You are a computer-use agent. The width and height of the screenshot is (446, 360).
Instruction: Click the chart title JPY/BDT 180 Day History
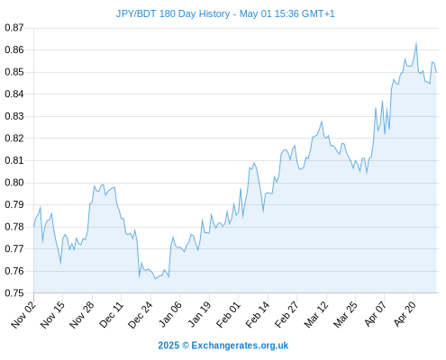click(173, 13)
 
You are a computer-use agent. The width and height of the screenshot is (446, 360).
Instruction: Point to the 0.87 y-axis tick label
click(14, 28)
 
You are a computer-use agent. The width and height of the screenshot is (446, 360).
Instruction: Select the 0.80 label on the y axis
click(14, 183)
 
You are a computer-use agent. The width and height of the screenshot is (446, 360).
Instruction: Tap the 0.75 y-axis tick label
click(14, 292)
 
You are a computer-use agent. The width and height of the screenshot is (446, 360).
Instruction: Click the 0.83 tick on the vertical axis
click(14, 116)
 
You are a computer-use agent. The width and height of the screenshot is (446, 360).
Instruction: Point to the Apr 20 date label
click(405, 314)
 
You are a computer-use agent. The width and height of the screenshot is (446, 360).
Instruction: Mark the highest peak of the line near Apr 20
click(416, 43)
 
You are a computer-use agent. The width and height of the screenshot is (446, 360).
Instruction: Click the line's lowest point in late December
click(155, 279)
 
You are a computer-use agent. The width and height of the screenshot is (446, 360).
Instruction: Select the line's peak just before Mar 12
click(322, 121)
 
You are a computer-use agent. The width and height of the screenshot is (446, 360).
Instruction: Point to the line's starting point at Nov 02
click(33, 227)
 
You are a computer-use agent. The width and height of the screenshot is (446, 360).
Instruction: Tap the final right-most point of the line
click(436, 72)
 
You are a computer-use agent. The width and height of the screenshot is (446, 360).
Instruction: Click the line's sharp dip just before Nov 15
click(60, 264)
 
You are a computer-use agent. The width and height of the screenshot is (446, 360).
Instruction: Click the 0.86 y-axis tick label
click(14, 49)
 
